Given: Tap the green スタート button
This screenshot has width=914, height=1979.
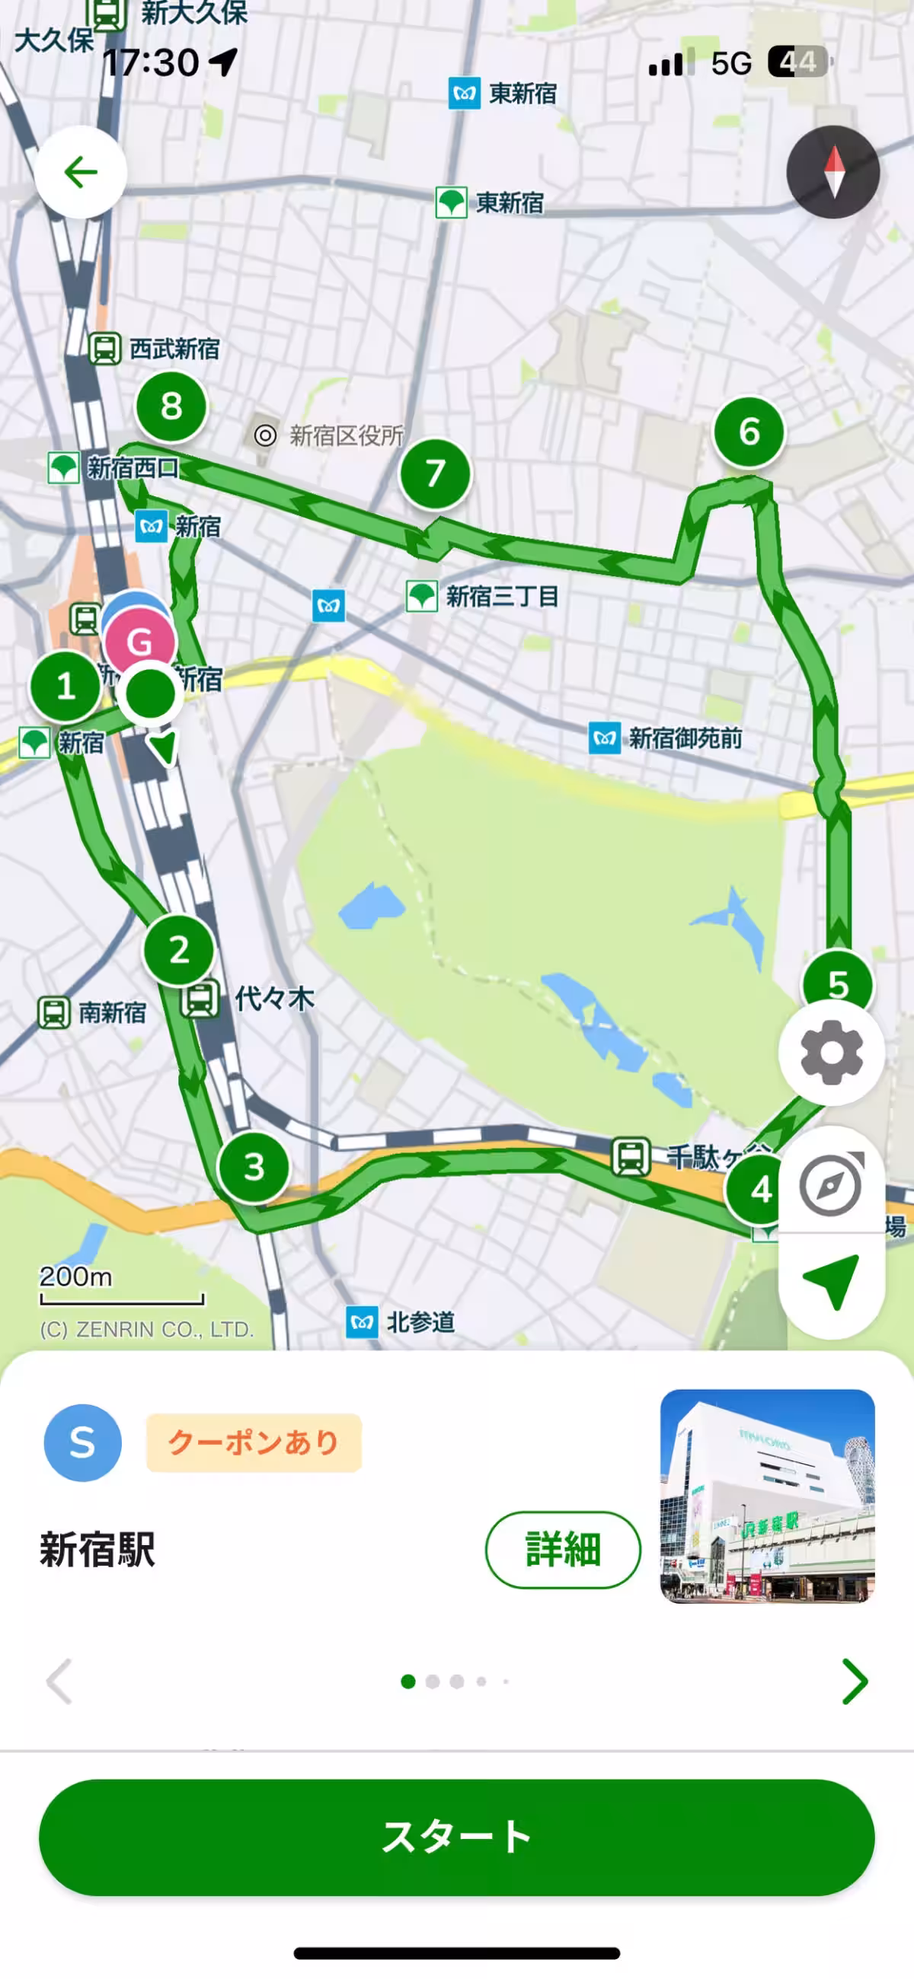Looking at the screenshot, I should click(456, 1837).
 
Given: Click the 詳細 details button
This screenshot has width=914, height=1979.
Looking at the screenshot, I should click(563, 1549).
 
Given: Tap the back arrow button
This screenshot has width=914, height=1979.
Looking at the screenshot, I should click(81, 172).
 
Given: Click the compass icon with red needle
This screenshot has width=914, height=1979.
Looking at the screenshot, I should click(833, 172).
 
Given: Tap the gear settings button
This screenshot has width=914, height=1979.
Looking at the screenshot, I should click(831, 1052).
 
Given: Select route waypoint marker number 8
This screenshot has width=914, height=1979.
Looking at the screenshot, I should click(171, 406).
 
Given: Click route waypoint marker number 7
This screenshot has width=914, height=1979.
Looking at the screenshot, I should click(435, 473).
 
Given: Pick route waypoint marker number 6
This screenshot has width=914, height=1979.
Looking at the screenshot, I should click(749, 432).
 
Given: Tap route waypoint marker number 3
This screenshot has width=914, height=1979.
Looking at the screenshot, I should click(254, 1167).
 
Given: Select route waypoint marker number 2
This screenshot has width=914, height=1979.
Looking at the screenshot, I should click(178, 950).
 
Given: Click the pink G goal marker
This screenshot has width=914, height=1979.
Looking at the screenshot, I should click(140, 641).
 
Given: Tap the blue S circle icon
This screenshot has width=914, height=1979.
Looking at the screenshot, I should click(82, 1442).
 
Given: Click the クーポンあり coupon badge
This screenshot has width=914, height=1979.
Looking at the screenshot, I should click(254, 1442).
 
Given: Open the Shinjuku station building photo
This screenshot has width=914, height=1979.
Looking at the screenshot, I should click(767, 1495).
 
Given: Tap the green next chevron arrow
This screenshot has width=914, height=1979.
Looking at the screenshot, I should click(854, 1681).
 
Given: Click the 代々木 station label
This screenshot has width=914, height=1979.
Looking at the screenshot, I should click(273, 999).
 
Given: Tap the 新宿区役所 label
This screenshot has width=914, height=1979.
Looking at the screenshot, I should click(346, 435).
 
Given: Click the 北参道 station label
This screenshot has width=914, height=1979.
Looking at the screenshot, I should click(420, 1322).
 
